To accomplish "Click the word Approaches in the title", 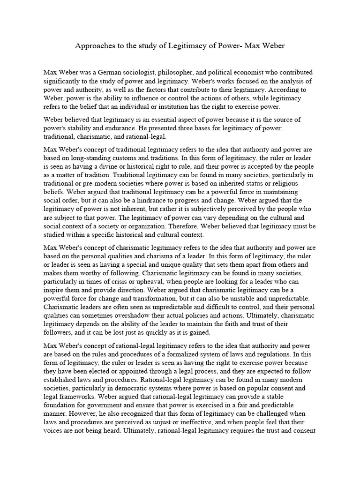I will coord(93,47).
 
